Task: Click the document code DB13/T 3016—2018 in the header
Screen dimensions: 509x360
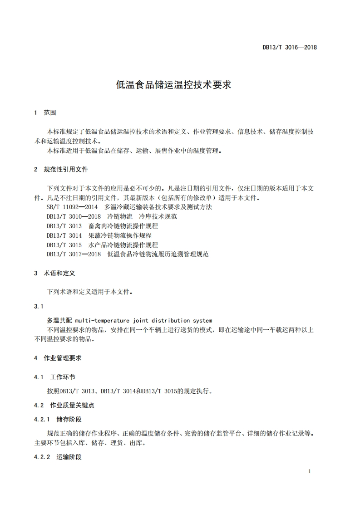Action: click(x=289, y=47)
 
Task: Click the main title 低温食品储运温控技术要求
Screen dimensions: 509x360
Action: click(x=174, y=84)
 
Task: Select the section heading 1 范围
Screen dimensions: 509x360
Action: click(x=45, y=113)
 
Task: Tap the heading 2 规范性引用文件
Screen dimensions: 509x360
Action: click(x=61, y=169)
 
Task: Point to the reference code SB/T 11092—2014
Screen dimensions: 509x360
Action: click(x=72, y=207)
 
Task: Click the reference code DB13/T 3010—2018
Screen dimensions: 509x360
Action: click(x=74, y=216)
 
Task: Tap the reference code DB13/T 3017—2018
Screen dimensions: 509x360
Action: click(x=74, y=254)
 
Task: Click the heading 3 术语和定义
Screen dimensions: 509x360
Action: click(x=54, y=274)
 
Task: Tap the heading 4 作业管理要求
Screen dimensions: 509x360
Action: click(x=58, y=358)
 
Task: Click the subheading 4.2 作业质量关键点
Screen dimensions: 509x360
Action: click(x=64, y=405)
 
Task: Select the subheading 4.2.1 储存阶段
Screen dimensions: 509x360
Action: click(x=58, y=419)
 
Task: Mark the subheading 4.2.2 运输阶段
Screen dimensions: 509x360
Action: click(x=58, y=457)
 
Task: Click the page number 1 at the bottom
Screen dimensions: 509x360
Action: click(x=309, y=472)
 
